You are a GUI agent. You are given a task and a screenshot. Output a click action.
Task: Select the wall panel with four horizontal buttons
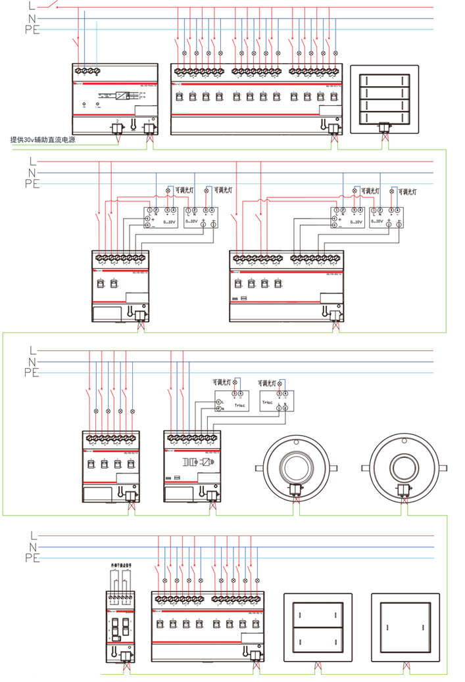(385, 99)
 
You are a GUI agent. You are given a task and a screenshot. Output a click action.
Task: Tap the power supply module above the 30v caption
(115, 99)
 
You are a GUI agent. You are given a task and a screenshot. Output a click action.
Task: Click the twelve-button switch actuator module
(256, 99)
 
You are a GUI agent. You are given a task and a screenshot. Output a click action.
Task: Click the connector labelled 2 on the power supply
(118, 129)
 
